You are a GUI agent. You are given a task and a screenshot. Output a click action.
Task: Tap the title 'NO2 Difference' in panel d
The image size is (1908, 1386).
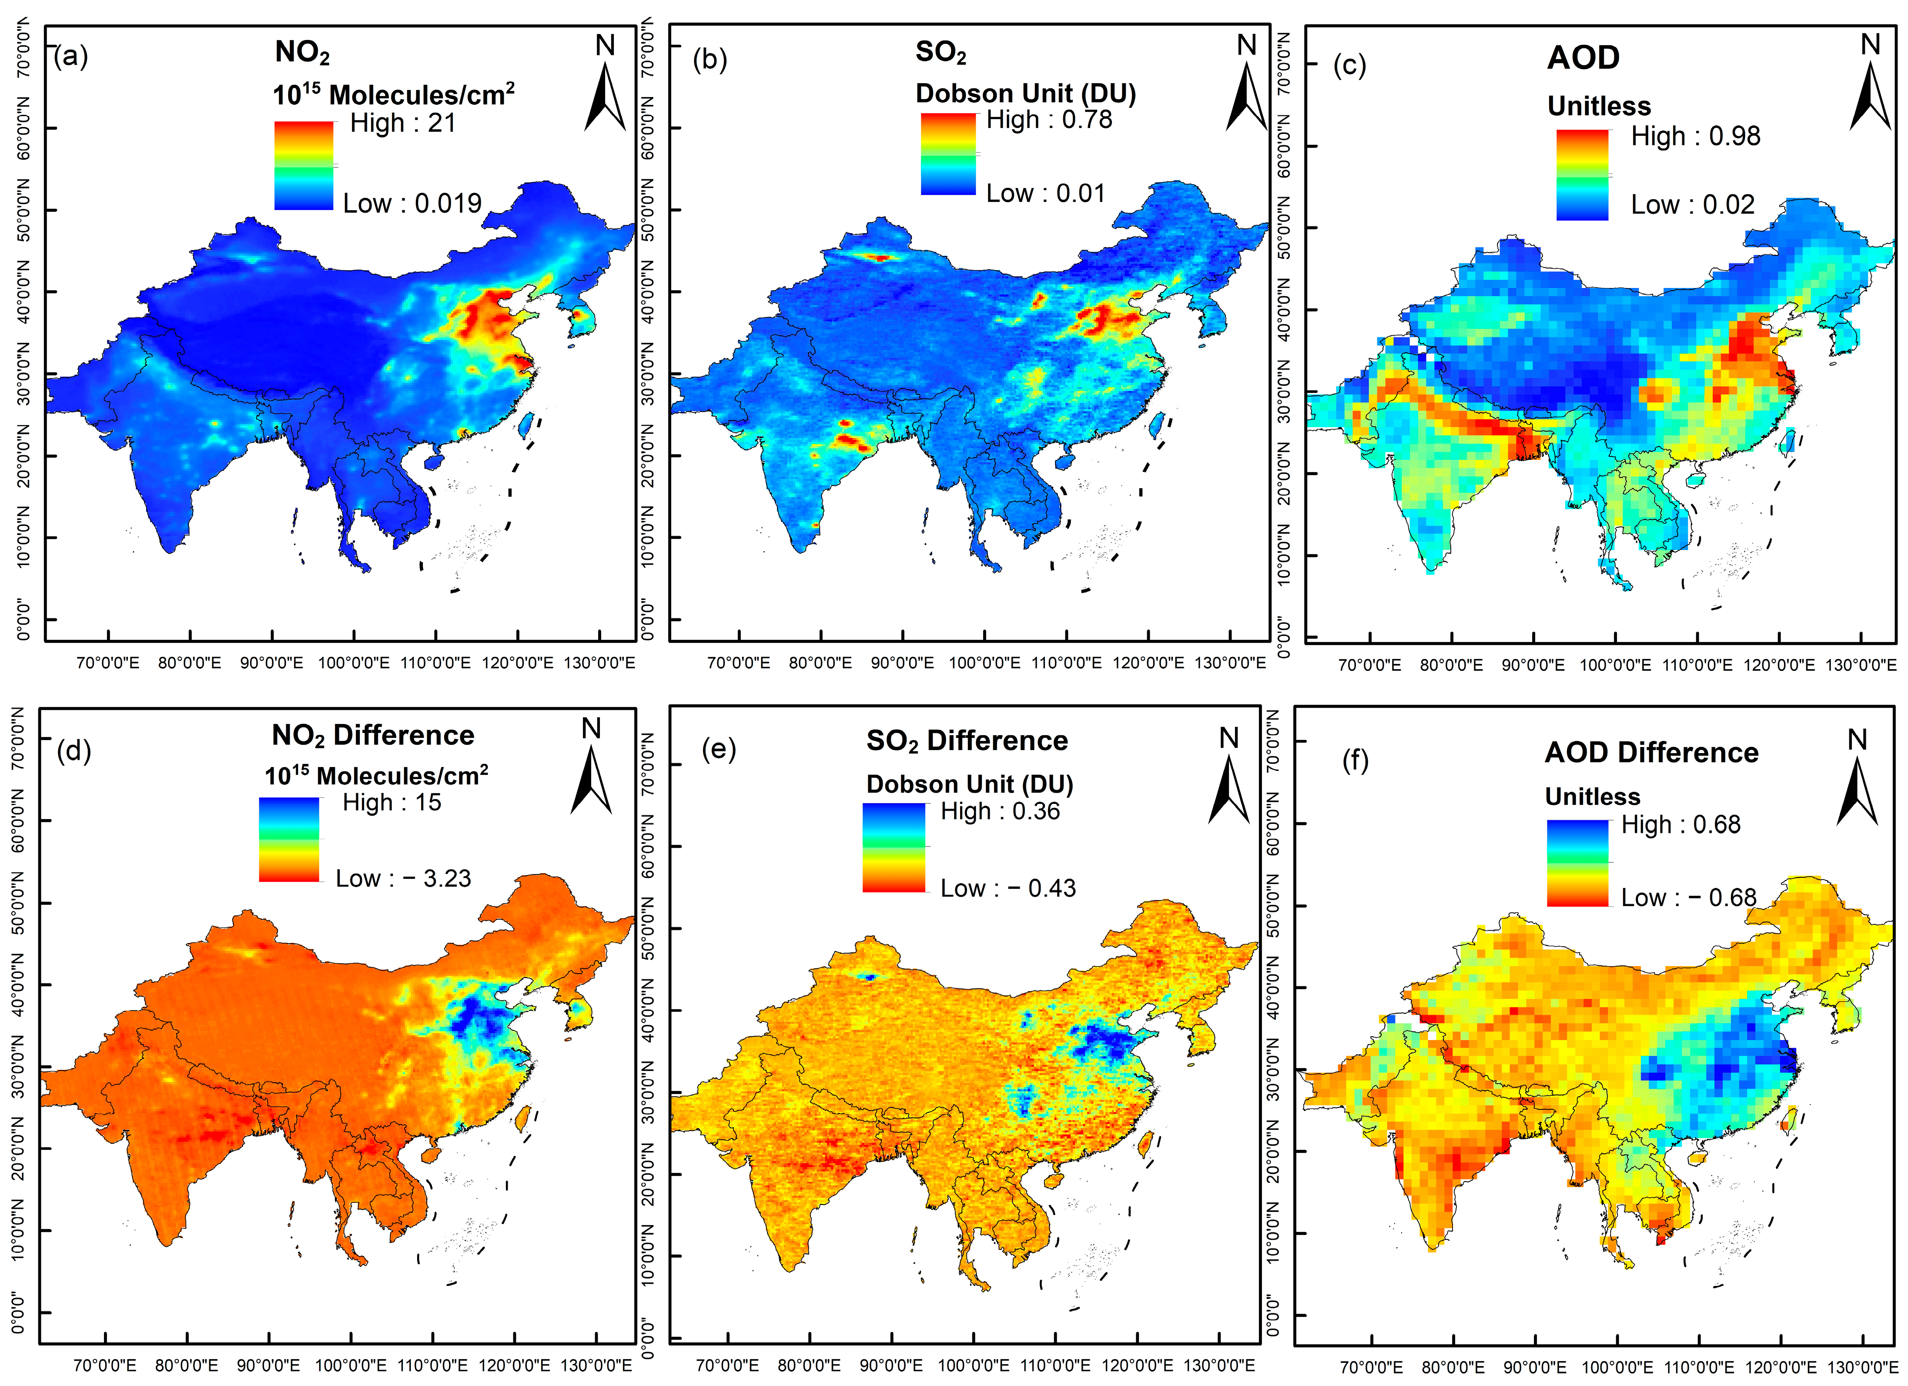click(373, 736)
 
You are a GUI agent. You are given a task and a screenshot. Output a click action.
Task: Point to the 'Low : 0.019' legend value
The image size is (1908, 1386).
click(412, 204)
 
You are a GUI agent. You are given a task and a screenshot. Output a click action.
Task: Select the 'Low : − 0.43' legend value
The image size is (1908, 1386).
click(1008, 889)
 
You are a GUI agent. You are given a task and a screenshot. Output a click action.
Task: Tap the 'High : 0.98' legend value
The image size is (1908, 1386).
click(1695, 136)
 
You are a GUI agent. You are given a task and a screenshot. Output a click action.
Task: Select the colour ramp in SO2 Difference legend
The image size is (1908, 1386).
click(894, 847)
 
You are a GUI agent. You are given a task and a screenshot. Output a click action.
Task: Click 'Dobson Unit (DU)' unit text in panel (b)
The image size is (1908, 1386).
click(1025, 94)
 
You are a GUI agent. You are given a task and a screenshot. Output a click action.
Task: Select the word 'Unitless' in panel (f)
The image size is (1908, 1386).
click(1593, 796)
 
